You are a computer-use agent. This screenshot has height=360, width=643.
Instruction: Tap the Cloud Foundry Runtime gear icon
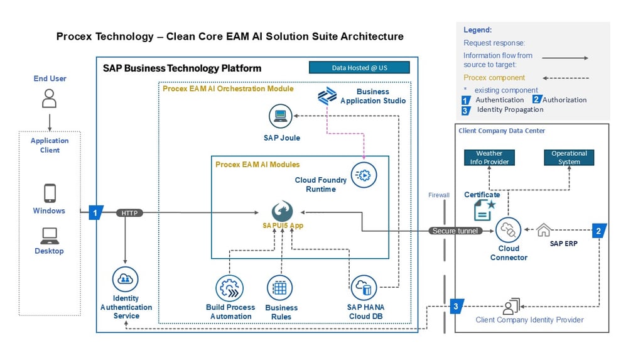point(364,175)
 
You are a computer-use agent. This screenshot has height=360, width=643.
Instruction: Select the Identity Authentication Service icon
point(126,279)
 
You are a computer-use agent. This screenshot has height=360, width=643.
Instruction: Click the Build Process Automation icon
point(229,288)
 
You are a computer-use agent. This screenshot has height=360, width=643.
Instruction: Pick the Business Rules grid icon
point(280,288)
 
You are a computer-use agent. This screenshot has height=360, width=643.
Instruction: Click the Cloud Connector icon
point(509,231)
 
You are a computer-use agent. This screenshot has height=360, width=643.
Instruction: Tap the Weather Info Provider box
point(490,157)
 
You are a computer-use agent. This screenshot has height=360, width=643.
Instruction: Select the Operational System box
point(569,157)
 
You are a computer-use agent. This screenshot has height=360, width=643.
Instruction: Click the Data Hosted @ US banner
point(359,67)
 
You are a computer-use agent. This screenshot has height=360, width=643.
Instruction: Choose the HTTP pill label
point(130,213)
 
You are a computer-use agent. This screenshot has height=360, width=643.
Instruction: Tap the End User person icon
point(50,99)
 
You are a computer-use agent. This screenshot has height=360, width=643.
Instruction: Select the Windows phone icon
point(50,193)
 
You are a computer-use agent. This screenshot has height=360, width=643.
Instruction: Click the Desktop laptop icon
point(50,236)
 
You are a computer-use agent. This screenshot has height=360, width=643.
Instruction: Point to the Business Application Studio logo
point(327,96)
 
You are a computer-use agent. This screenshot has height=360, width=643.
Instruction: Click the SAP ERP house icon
point(543,230)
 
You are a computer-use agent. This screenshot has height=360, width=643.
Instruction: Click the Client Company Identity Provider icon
point(510,307)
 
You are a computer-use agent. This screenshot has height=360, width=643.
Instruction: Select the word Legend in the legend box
point(477,30)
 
